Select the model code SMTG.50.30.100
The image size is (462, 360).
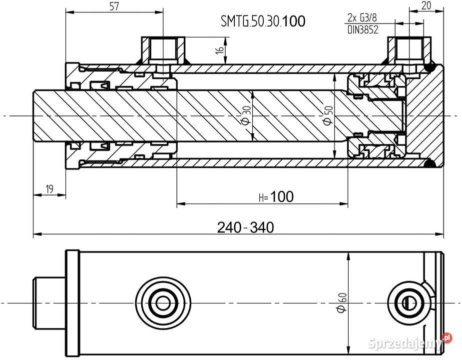(x=263, y=21)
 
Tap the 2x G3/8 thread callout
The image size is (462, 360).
(x=362, y=18)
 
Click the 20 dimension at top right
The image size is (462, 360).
(x=426, y=6)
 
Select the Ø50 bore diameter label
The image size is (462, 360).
(x=327, y=115)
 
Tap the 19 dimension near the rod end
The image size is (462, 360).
(x=49, y=188)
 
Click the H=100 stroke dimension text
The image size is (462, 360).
(x=276, y=197)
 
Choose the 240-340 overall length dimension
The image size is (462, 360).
(x=245, y=227)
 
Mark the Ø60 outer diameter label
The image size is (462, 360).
(x=342, y=303)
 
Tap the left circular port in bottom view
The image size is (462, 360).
(x=162, y=302)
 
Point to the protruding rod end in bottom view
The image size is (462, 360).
(x=49, y=302)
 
